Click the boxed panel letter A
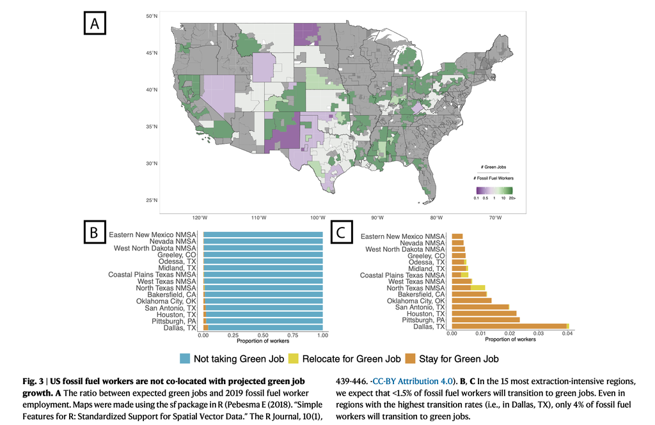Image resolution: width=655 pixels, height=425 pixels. [95, 24]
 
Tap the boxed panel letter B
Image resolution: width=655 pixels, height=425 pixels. [95, 232]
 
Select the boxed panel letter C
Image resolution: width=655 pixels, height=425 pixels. [342, 232]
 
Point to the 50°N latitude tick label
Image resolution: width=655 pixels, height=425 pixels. [152, 16]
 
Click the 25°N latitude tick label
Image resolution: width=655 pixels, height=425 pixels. [152, 201]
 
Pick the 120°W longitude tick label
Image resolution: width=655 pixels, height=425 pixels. [200, 218]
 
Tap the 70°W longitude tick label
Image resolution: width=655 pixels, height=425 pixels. [496, 218]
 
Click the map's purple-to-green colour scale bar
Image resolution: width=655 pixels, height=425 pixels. [494, 190]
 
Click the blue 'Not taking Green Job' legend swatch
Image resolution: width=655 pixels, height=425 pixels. [185, 359]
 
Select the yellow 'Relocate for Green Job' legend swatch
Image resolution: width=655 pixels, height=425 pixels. [294, 359]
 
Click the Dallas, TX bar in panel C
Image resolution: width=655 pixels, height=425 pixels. [510, 327]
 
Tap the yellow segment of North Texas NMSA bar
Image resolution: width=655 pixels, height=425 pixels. [478, 288]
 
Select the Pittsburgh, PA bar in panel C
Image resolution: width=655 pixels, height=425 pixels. [486, 320]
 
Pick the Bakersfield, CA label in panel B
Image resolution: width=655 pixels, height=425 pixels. [171, 295]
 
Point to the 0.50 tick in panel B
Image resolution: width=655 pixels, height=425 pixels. [263, 336]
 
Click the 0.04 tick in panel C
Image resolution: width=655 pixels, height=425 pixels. [567, 334]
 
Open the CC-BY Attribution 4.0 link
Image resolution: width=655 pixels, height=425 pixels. [413, 381]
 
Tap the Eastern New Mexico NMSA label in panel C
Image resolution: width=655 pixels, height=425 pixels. [403, 236]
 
